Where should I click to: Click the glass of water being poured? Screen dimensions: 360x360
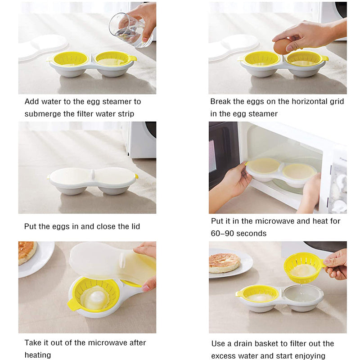coord(131,30)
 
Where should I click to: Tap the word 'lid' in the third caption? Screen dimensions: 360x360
coord(136,226)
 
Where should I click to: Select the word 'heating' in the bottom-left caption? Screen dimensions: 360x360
coord(38,355)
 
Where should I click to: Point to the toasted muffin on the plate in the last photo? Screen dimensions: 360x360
coord(224,263)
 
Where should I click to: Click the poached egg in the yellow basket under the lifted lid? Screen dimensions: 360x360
coord(96,298)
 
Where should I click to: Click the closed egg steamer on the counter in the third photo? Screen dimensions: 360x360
coord(93,181)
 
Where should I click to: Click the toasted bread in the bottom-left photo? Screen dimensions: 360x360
coord(27,252)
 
